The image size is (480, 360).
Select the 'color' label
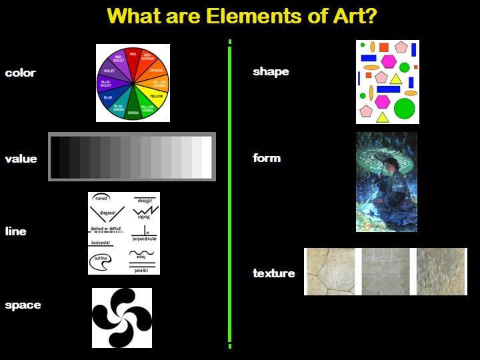pyautogui.click(x=20, y=73)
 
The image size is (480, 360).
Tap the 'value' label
pyautogui.click(x=21, y=159)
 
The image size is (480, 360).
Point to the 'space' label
pyautogui.click(x=23, y=305)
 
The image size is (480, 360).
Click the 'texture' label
pyautogui.click(x=274, y=273)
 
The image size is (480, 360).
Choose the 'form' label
pyautogui.click(x=267, y=158)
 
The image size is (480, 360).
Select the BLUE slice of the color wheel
pyautogui.click(x=109, y=96)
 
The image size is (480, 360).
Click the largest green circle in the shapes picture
pyautogui.click(x=405, y=107)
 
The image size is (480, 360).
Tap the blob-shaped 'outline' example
pyautogui.click(x=100, y=263)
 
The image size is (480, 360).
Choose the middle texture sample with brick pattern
pyautogui.click(x=386, y=271)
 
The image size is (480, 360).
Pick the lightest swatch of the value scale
pyautogui.click(x=207, y=157)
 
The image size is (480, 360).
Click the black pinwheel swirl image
pyautogui.click(x=121, y=318)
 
